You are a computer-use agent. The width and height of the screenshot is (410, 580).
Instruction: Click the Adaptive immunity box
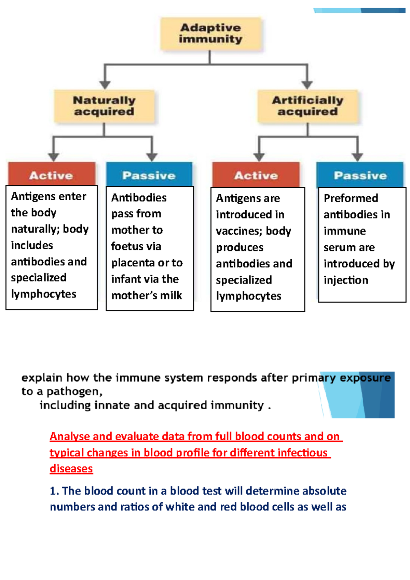pyautogui.click(x=211, y=33)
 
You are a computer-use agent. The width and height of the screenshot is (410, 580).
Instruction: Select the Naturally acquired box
pyautogui.click(x=104, y=106)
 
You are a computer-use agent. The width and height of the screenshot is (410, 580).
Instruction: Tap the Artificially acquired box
pyautogui.click(x=307, y=106)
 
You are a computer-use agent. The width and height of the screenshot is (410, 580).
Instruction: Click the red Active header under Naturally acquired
pyautogui.click(x=51, y=175)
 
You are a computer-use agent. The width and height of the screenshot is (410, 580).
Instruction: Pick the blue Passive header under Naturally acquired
pyautogui.click(x=149, y=175)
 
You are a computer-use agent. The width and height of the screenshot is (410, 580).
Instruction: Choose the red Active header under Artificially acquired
pyautogui.click(x=256, y=175)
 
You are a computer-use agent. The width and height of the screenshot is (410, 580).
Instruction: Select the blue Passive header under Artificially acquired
pyautogui.click(x=360, y=175)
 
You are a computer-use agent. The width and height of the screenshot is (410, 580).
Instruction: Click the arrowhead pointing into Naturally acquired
pyautogui.click(x=105, y=85)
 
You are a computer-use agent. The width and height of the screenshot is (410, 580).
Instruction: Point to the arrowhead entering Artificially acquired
pyautogui.click(x=307, y=85)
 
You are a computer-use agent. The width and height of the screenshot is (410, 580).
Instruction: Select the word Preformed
pyautogui.click(x=351, y=198)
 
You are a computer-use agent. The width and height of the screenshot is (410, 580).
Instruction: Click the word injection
pyautogui.click(x=346, y=280)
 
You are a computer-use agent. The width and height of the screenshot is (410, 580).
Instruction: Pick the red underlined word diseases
pyautogui.click(x=71, y=469)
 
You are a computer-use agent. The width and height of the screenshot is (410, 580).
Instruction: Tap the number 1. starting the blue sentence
pyautogui.click(x=54, y=491)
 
